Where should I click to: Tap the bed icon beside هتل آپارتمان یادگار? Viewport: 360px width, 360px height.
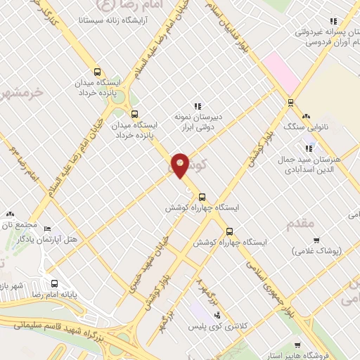pos(47,229)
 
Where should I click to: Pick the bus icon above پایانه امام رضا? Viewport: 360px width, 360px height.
pos(55,283)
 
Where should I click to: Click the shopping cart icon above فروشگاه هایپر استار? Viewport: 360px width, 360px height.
pos(297,345)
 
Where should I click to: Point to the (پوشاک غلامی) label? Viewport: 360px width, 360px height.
pos(317,250)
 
